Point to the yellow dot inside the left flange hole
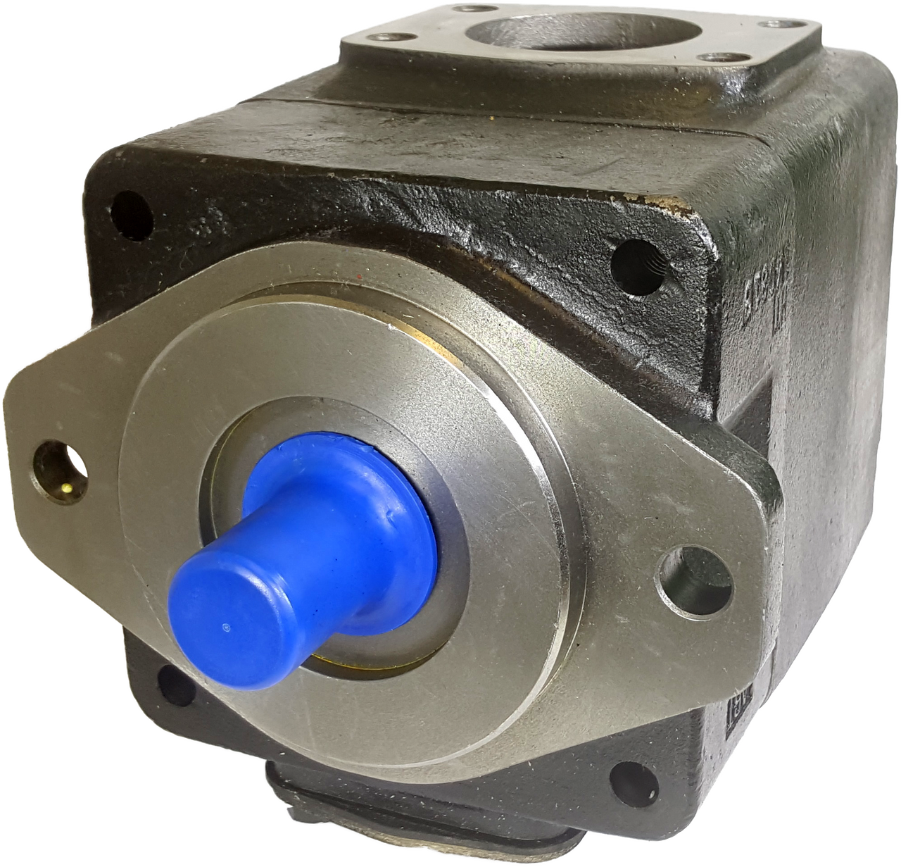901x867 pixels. point(65,486)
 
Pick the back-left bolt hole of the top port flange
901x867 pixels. point(464,11)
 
